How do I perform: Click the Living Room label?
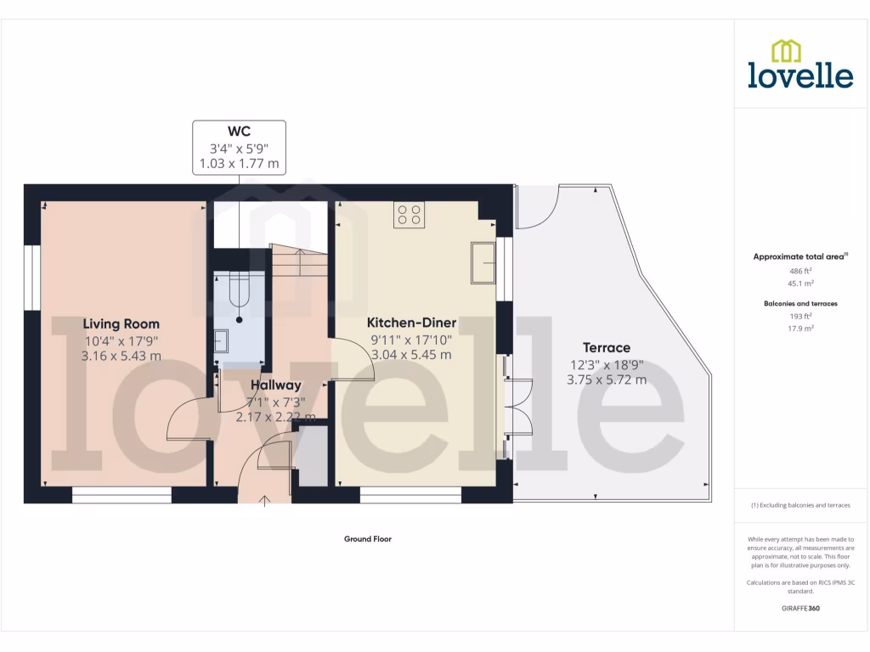[x=121, y=323]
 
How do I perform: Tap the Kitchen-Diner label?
[x=411, y=323]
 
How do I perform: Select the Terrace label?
[x=607, y=347]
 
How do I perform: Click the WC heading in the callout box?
[x=239, y=131]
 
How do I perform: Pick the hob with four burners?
[x=409, y=215]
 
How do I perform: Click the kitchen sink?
[x=483, y=261]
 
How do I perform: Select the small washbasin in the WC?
[x=221, y=340]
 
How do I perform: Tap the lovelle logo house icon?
[x=785, y=51]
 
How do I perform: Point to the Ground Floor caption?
[x=367, y=539]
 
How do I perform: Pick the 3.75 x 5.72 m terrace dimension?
[x=607, y=379]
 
